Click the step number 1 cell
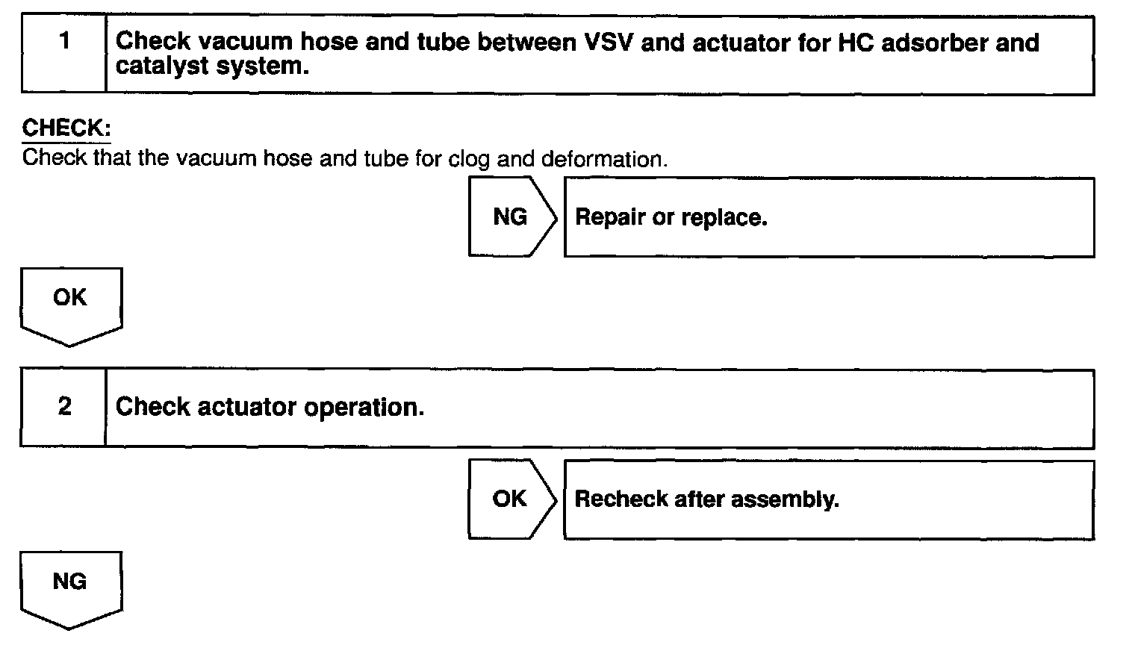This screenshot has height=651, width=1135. click(64, 55)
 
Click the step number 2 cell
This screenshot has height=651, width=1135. click(63, 408)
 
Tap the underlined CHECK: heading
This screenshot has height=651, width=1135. click(66, 128)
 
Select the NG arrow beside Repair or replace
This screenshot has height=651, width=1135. click(511, 217)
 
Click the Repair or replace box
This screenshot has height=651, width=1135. click(829, 217)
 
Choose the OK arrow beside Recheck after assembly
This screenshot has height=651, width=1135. click(511, 499)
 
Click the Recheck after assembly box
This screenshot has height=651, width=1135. click(829, 499)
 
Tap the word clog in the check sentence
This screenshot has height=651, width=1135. click(469, 159)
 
